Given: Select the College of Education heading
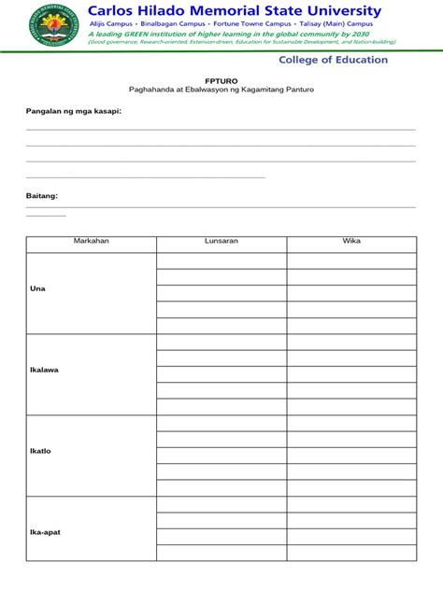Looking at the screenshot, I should coord(333,60).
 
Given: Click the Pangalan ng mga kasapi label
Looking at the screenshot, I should coord(73,111).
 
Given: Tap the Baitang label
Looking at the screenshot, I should coord(42,196).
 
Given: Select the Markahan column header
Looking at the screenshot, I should coord(92,241).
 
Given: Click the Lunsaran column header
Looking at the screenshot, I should coord(221,241).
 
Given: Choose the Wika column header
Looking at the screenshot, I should coord(351,241).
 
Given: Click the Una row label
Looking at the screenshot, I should coord(37,288).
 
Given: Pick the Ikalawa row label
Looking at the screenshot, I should coord(45,370).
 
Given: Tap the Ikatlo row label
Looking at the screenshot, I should coord(40,451).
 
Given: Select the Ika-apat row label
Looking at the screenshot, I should coord(46,532).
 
